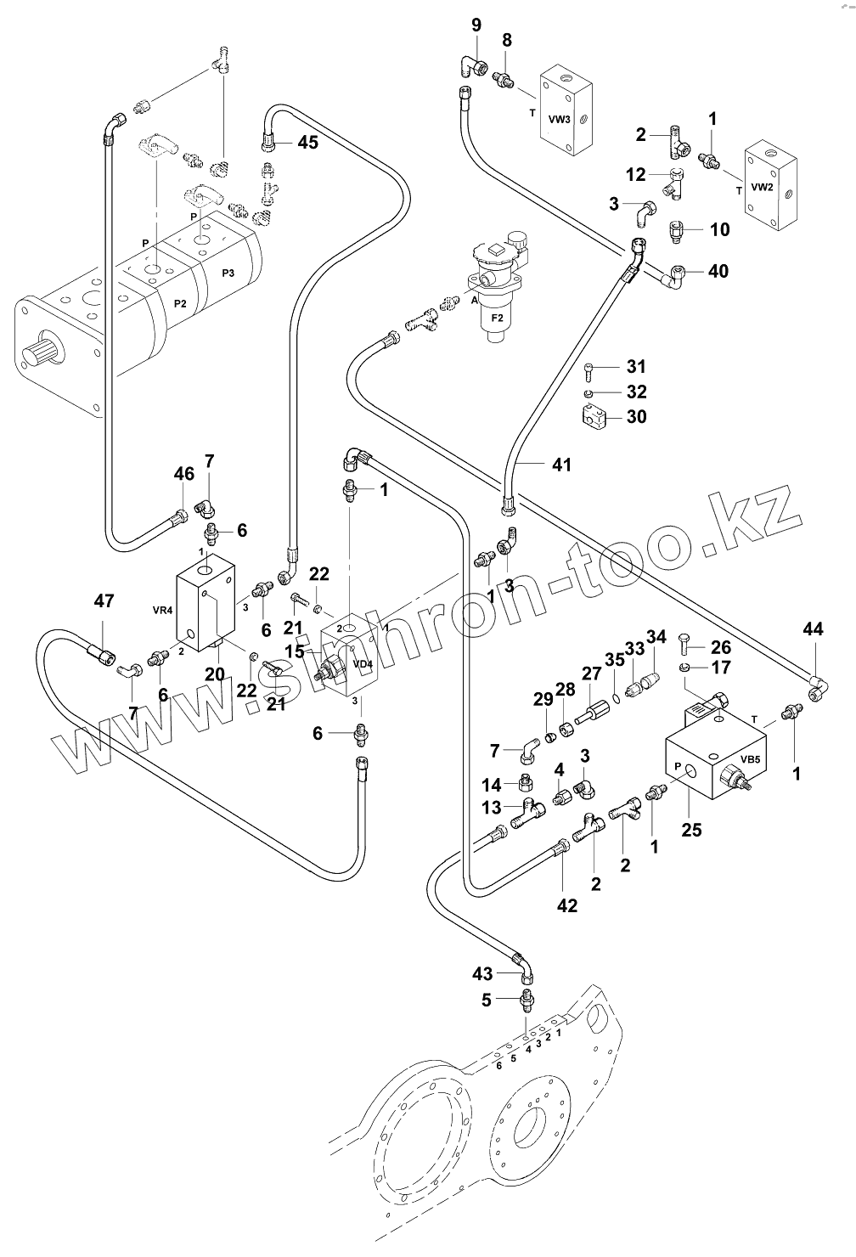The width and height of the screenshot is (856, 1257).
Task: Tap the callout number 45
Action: (307, 142)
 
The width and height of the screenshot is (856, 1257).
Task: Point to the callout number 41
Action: (561, 465)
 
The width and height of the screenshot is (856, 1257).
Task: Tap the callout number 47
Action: (103, 602)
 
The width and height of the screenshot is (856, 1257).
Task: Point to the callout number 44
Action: (813, 629)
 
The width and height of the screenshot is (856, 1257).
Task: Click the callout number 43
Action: (482, 972)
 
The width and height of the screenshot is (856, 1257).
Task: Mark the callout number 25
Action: (692, 830)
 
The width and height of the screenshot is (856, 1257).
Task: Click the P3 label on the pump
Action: (228, 273)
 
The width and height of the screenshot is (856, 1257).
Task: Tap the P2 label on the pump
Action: (179, 303)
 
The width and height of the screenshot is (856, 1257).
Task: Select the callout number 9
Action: (476, 23)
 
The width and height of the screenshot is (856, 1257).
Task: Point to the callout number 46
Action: (183, 474)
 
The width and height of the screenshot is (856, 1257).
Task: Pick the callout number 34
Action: (656, 637)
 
